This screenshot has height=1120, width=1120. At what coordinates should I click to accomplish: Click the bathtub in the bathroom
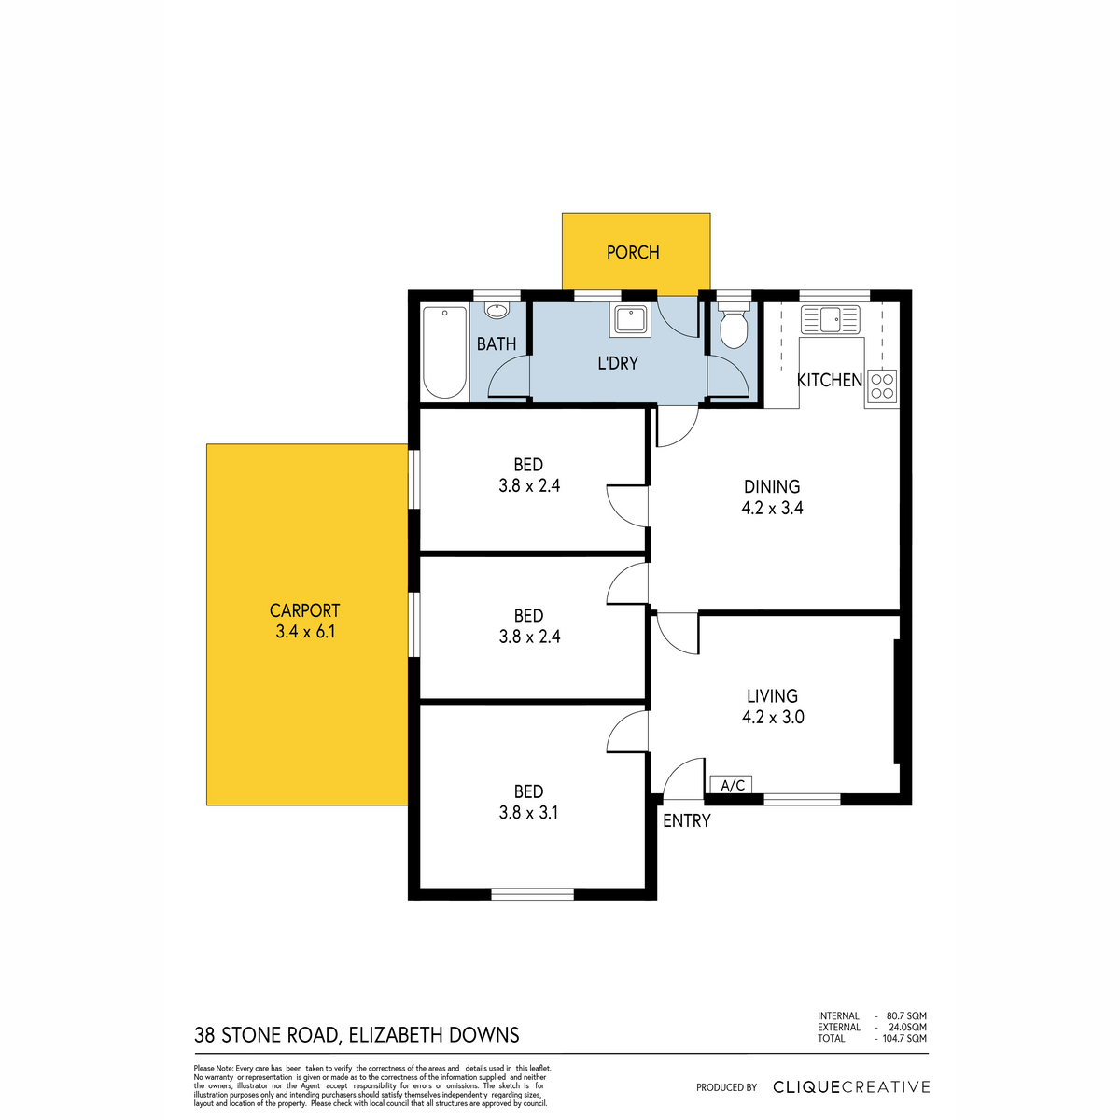[444, 353]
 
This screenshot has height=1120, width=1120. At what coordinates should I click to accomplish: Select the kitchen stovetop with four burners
[882, 385]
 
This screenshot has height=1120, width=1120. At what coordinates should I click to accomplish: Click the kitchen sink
[830, 319]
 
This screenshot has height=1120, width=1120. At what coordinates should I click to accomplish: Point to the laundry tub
[628, 321]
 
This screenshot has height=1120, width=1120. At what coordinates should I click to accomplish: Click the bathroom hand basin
[497, 311]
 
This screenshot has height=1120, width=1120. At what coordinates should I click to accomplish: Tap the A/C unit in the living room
[732, 785]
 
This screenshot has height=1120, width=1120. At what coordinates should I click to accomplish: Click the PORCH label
[633, 252]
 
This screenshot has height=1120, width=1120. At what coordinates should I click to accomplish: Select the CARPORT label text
[304, 610]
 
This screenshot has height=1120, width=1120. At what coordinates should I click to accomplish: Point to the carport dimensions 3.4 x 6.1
[305, 632]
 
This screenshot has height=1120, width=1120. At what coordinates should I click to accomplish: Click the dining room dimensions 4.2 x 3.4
[772, 508]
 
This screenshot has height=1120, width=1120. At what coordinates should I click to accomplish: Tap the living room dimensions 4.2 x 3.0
[773, 717]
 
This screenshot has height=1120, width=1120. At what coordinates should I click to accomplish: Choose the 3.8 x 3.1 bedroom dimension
[528, 813]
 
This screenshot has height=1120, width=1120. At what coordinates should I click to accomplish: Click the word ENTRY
[686, 820]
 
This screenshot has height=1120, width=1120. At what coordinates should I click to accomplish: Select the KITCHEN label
[830, 380]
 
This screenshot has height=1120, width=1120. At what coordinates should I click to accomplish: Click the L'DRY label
[618, 363]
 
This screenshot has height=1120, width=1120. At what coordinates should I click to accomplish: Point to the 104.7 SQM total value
[904, 1038]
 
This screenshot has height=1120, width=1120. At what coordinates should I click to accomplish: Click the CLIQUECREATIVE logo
[851, 1087]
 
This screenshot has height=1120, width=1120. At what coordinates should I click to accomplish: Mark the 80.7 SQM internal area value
[906, 1016]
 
